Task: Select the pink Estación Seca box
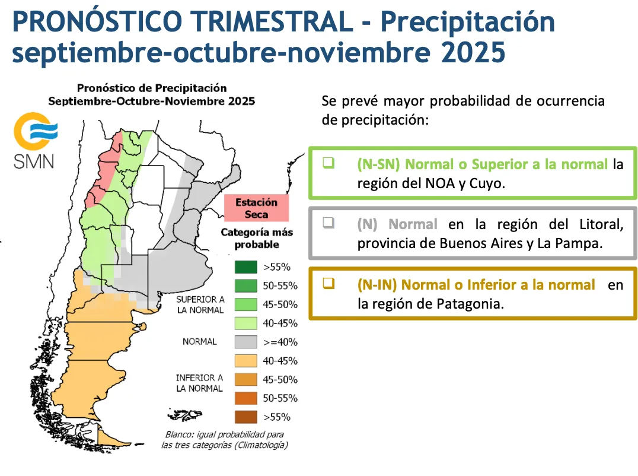(x=256, y=208)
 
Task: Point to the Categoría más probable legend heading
(x=257, y=238)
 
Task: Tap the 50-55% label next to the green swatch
(x=280, y=286)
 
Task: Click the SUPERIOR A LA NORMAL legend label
(x=200, y=304)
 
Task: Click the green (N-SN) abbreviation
(x=378, y=164)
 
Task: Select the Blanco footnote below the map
(x=224, y=439)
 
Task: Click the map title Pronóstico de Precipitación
(x=152, y=88)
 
